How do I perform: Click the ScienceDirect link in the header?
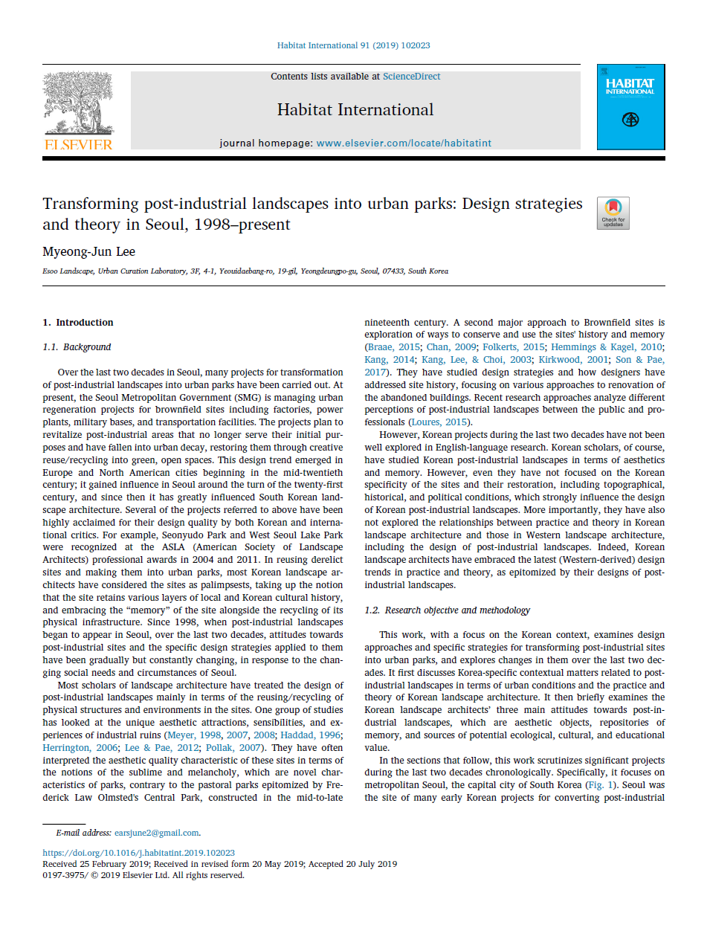[411, 77]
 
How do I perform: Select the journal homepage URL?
[404, 143]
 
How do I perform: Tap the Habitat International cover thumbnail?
[630, 107]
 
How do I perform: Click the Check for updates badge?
[613, 213]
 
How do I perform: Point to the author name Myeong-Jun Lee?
[89, 252]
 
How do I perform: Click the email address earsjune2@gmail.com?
[157, 833]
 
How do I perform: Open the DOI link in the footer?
[139, 853]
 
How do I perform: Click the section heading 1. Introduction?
[78, 323]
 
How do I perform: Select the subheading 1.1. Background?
[77, 347]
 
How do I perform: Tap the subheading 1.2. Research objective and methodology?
[447, 610]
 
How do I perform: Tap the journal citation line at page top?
[354, 45]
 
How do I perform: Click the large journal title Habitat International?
[355, 110]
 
